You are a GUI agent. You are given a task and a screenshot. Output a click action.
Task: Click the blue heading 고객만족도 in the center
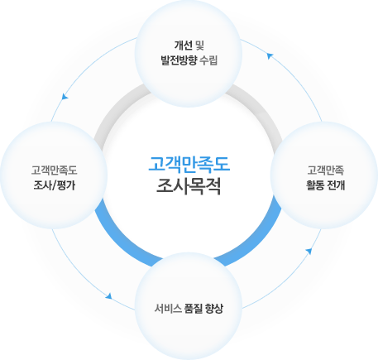[189, 165]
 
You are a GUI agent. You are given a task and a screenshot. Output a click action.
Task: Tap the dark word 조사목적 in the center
[189, 187]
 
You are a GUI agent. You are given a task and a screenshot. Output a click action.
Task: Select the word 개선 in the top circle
[183, 46]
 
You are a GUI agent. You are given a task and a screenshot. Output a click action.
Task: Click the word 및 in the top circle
[199, 46]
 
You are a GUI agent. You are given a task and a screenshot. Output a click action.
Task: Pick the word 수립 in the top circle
[209, 60]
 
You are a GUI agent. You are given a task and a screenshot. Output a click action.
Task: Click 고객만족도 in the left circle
[54, 170]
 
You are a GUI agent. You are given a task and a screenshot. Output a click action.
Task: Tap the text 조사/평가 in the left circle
[54, 185]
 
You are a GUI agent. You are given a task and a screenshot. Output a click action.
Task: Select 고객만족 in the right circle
[326, 170]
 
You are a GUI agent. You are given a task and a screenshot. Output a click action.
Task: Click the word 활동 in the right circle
[315, 185]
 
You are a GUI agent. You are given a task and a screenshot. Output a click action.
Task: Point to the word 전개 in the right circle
[336, 185]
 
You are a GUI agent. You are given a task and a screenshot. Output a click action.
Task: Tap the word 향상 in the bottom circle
[214, 309]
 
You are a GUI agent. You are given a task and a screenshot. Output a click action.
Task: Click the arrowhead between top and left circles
[65, 96]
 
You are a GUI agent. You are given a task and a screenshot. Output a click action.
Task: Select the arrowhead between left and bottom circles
[109, 296]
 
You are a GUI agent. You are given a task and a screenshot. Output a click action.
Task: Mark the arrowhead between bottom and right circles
[309, 252]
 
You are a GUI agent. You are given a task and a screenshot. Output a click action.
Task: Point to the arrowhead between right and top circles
[270, 56]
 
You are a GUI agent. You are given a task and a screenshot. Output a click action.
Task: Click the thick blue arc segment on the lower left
[122, 239]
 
